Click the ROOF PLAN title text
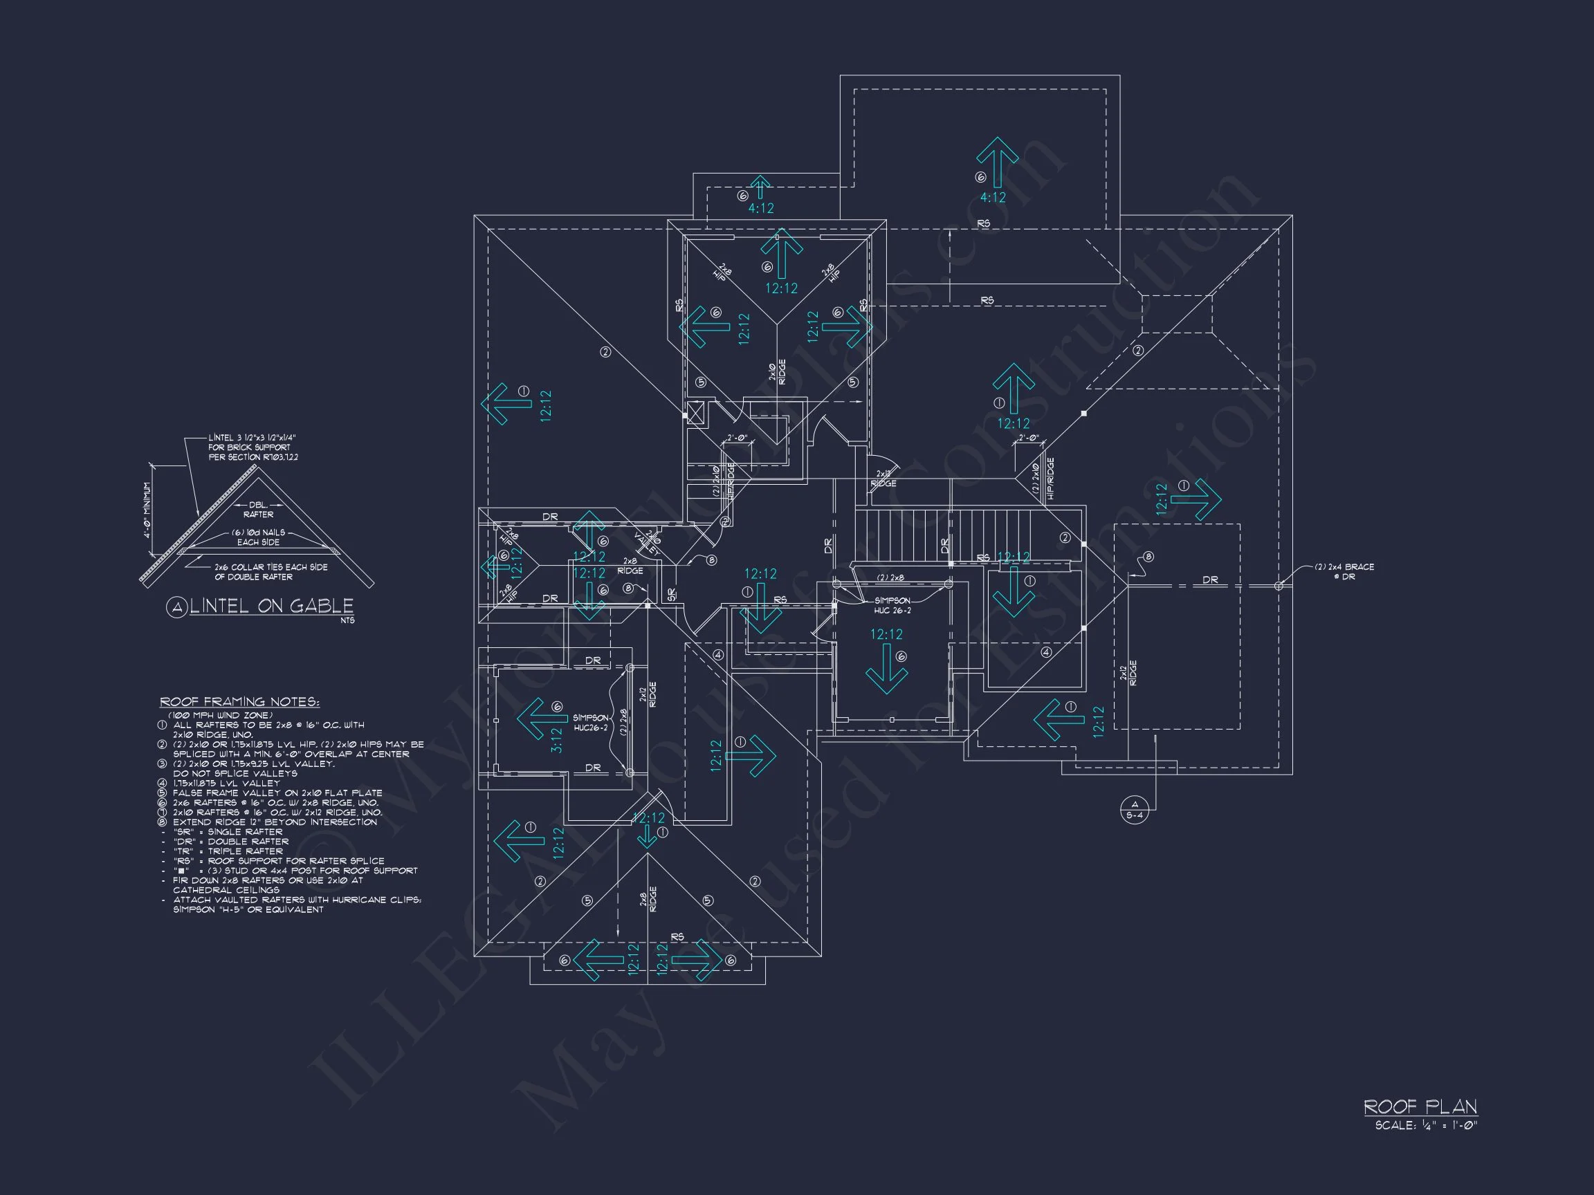pyautogui.click(x=1420, y=1106)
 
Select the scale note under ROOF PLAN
pyautogui.click(x=1425, y=1125)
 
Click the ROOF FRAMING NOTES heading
pyautogui.click(x=239, y=702)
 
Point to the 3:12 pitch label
pyautogui.click(x=556, y=740)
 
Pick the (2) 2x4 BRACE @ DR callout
pyautogui.click(x=1344, y=571)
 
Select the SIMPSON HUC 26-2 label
pyautogui.click(x=892, y=605)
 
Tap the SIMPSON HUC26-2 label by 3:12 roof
pyautogui.click(x=590, y=723)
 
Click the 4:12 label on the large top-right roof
pyautogui.click(x=992, y=197)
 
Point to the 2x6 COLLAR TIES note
pyautogui.click(x=271, y=572)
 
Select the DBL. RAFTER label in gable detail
pyautogui.click(x=258, y=509)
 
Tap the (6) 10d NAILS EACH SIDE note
pyautogui.click(x=258, y=537)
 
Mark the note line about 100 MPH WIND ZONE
pyautogui.click(x=221, y=715)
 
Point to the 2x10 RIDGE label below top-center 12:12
pyautogui.click(x=777, y=373)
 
